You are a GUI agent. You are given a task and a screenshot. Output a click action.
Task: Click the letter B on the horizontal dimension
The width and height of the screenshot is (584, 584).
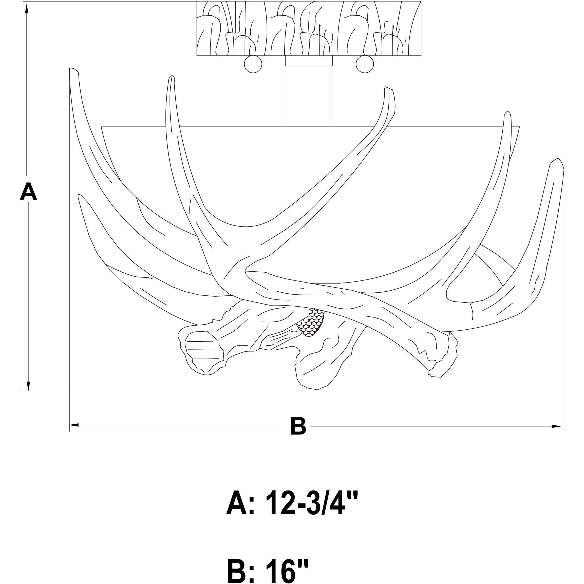pos(298,426)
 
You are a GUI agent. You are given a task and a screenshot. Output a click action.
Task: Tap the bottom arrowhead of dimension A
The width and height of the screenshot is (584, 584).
pos(28,385)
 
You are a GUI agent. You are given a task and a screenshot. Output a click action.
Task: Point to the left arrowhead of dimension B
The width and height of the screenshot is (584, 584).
pos(74,425)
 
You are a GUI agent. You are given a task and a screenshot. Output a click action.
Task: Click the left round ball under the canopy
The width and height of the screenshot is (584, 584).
pos(253,64)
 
